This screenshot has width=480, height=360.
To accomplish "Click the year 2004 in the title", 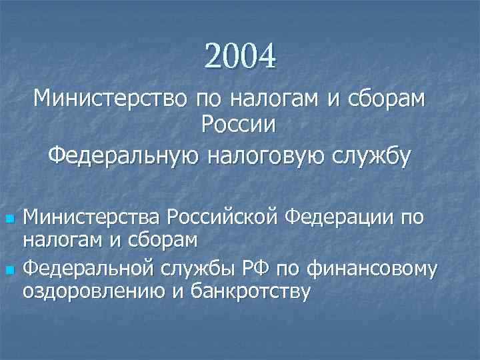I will tap(240, 56).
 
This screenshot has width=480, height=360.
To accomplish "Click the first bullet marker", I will tap(9, 218).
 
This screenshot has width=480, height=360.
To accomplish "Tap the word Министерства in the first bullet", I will tap(92, 217).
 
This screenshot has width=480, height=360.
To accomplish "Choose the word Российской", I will tap(223, 217).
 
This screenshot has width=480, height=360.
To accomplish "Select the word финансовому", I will tap(373, 269).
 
